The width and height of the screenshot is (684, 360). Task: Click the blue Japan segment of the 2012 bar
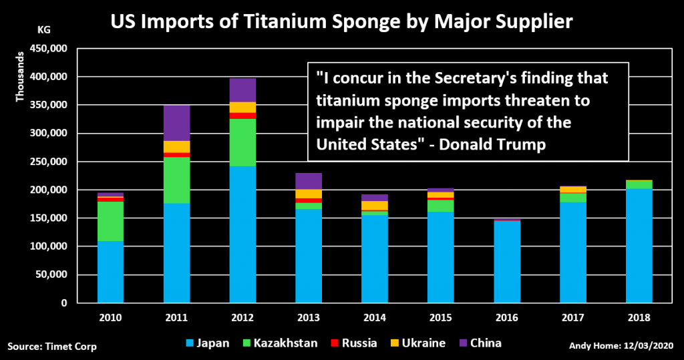tap(242, 234)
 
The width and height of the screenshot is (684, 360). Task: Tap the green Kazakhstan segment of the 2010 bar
tap(110, 221)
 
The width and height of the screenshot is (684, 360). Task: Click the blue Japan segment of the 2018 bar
tap(639, 245)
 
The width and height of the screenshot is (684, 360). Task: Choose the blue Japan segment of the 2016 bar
tap(507, 262)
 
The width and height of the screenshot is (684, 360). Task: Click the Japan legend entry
tap(208, 343)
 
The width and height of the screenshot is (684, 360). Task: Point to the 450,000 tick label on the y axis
tap(48, 49)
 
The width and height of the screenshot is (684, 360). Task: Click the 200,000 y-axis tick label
tap(48, 190)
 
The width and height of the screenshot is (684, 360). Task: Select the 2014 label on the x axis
tap(375, 318)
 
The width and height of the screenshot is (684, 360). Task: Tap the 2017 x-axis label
tap(573, 318)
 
